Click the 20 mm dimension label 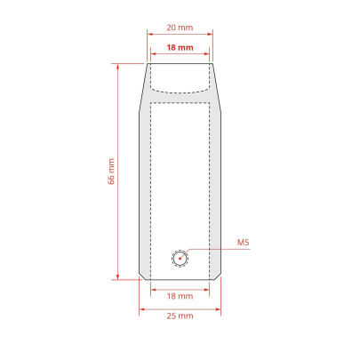(x=180, y=28)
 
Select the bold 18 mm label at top (x=180, y=47)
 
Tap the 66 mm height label (x=111, y=172)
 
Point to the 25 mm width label (x=180, y=316)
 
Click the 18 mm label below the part (x=180, y=296)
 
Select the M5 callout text (x=244, y=243)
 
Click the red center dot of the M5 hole (x=180, y=259)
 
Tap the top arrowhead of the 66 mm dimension (x=118, y=67)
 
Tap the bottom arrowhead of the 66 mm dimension (x=118, y=276)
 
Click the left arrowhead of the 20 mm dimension (x=150, y=34)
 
